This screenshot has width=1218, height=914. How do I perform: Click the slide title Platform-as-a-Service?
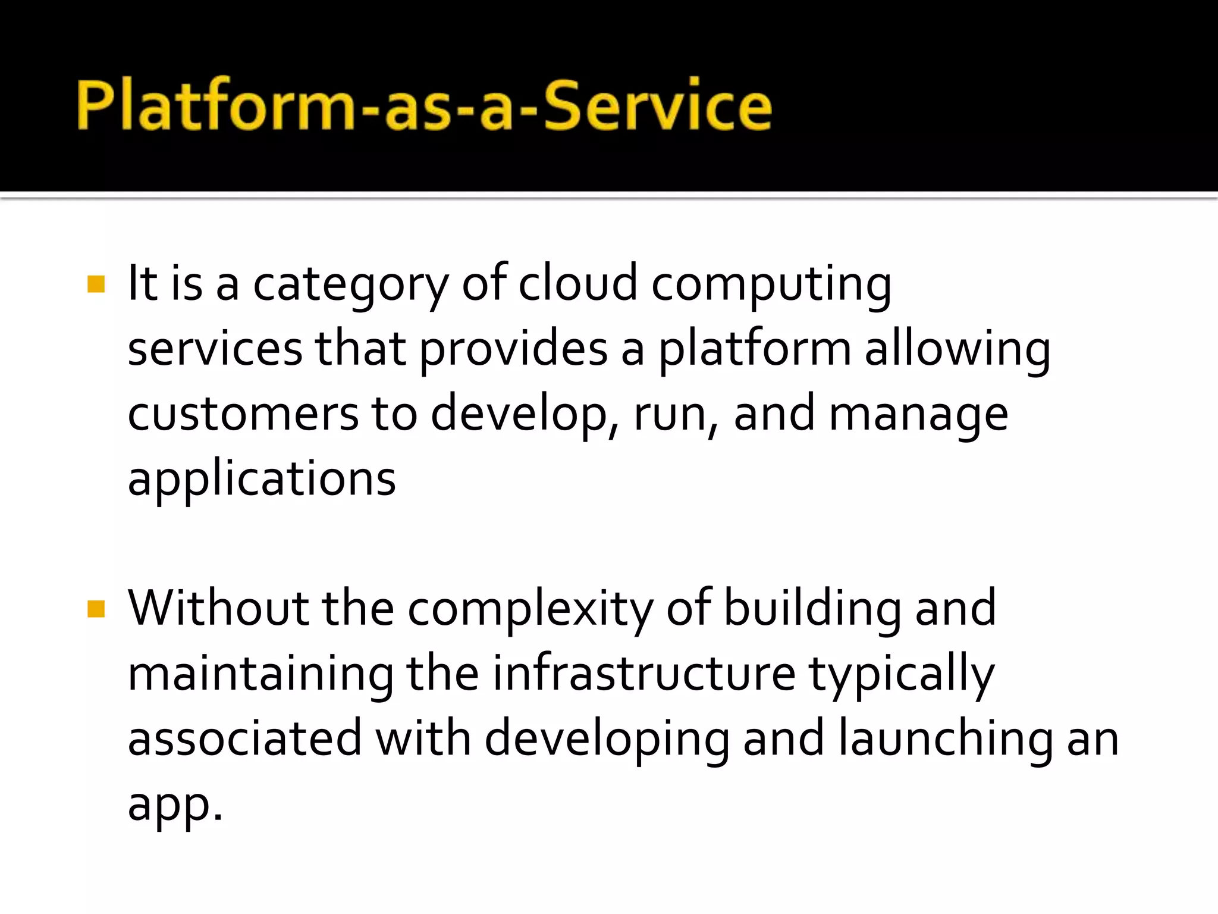point(424,105)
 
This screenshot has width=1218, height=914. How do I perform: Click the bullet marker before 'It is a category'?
point(96,284)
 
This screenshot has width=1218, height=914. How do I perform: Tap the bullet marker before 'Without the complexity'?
point(96,609)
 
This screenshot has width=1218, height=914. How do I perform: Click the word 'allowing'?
point(957,350)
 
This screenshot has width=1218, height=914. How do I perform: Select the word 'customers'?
point(243,414)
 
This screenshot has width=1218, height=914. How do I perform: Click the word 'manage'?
point(918,415)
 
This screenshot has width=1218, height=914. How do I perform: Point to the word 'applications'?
point(262,480)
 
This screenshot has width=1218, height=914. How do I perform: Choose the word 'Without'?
point(218,608)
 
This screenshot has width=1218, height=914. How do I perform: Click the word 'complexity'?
point(530,609)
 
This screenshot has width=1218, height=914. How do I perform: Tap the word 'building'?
point(812,609)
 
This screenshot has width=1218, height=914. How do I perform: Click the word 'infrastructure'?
point(644,674)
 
